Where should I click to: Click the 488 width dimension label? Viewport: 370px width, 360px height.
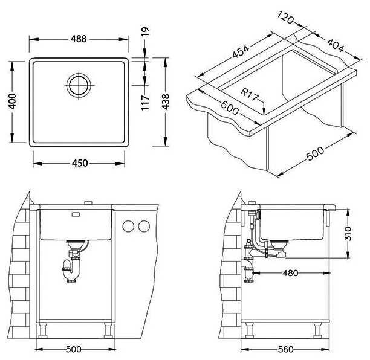pyautogui.click(x=79, y=39)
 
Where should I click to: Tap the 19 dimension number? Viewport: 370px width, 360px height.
pyautogui.click(x=145, y=31)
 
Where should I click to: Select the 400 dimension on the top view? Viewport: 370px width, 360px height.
pyautogui.click(x=12, y=101)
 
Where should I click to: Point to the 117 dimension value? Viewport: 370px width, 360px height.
pyautogui.click(x=145, y=102)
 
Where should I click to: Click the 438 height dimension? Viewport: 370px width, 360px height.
pyautogui.click(x=166, y=101)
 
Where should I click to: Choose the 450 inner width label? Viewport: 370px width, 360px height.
pyautogui.click(x=80, y=163)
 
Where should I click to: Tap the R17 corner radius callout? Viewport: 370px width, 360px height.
pyautogui.click(x=250, y=95)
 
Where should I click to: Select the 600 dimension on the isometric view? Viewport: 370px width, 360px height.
pyautogui.click(x=230, y=108)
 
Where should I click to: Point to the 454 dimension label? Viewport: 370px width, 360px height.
pyautogui.click(x=241, y=51)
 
